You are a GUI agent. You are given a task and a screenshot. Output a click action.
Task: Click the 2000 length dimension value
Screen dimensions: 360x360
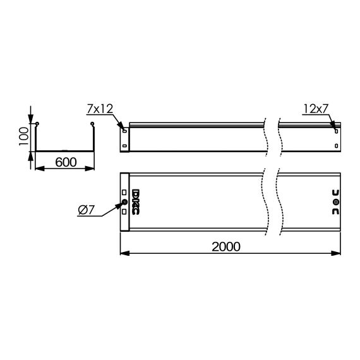tap(225, 247)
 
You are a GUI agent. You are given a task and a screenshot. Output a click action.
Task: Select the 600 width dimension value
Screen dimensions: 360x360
tap(65, 162)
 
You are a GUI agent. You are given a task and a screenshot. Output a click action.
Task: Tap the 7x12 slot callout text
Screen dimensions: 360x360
tap(99, 109)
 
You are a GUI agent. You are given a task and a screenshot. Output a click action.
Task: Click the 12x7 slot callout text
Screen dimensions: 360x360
tap(316, 109)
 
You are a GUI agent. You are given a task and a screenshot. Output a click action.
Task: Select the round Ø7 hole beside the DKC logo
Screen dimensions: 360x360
tap(124, 203)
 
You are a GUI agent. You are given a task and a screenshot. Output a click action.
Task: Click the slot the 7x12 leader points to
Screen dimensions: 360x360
tap(124, 132)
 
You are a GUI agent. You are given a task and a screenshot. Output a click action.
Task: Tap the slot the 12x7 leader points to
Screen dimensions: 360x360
tap(335, 131)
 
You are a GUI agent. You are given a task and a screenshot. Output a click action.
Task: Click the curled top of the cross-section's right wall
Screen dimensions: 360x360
tap(93, 124)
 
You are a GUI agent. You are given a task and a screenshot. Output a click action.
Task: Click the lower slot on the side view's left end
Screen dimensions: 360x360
tap(124, 147)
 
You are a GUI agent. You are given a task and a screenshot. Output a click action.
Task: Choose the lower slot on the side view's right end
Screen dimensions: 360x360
tap(335, 147)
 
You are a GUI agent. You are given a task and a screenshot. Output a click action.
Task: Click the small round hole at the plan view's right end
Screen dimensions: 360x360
tap(335, 202)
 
